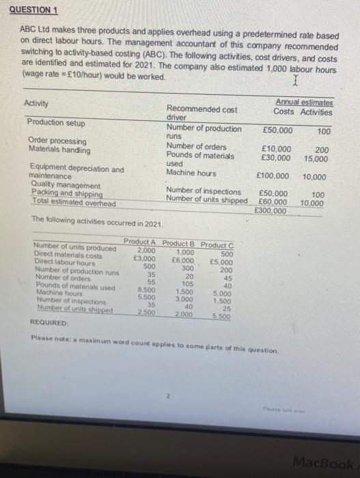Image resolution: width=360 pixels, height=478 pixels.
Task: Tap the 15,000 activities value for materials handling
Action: click(316, 158)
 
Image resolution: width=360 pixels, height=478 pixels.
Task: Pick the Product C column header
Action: click(217, 244)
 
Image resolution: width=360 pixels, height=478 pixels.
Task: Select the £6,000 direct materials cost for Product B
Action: click(182, 260)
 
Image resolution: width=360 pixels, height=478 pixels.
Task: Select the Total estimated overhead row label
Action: click(72, 203)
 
